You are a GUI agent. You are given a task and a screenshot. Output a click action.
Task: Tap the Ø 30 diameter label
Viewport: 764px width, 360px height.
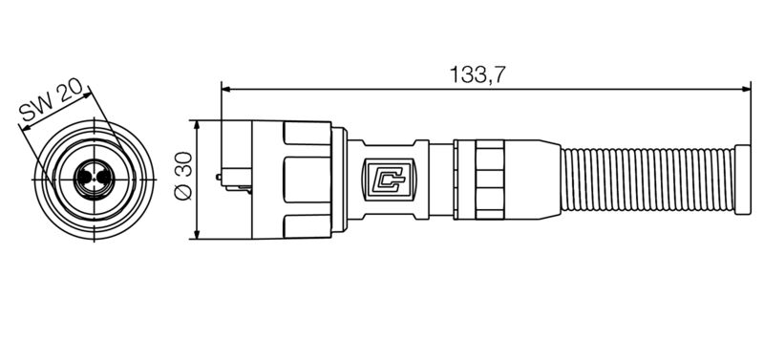[x=181, y=179]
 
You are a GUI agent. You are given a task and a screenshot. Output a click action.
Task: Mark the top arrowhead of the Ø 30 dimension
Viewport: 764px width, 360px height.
[x=196, y=125]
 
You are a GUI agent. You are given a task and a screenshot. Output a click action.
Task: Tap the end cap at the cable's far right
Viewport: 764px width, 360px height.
[x=743, y=180]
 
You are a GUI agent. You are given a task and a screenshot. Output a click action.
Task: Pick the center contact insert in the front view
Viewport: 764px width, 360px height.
[x=95, y=179]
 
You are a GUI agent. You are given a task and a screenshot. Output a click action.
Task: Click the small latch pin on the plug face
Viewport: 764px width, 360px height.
[x=220, y=177]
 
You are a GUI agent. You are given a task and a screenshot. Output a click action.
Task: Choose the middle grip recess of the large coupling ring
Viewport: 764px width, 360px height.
[x=306, y=179]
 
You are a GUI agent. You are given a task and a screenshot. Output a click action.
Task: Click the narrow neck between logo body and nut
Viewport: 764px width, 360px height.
[x=440, y=180]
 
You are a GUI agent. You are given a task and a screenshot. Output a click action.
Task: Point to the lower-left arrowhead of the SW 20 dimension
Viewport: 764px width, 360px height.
[x=22, y=131]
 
